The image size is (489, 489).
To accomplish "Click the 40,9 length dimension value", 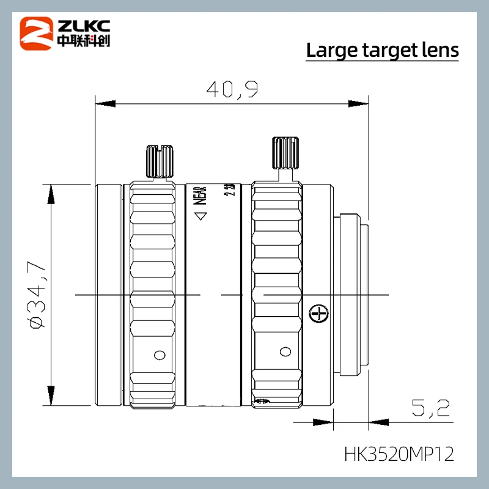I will tap(232, 90).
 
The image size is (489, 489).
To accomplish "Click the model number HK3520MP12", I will tap(399, 455).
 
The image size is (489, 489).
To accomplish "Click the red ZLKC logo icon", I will tap(36, 33).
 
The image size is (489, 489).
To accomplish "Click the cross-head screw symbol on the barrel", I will tap(317, 314).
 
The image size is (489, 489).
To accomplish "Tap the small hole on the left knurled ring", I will tap(159, 355).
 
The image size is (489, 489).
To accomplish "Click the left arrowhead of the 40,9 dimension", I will tap(101, 104).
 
